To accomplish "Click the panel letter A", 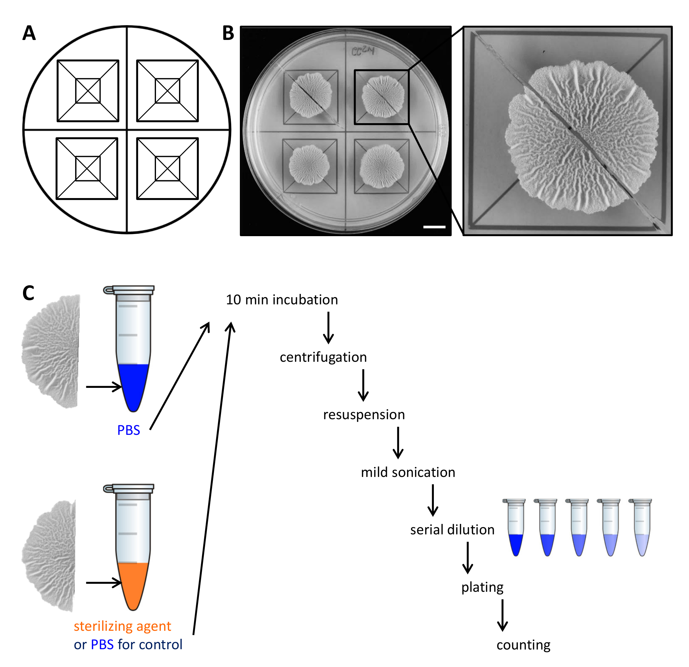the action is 29,33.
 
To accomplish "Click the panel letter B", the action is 228,33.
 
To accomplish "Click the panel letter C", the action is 29,293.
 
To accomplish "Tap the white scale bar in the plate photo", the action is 434,227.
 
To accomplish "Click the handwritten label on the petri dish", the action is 363,51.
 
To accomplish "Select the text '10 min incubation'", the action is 282,300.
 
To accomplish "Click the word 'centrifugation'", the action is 323,357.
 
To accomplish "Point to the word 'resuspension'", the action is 364,415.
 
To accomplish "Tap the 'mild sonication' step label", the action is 408,472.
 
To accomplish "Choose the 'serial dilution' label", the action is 452,530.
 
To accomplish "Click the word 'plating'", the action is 482,587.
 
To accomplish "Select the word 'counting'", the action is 524,645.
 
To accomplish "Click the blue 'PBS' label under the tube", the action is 129,430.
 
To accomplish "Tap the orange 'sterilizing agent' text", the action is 122,626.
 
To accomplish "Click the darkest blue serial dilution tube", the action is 515,528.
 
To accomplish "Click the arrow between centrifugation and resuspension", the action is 363,385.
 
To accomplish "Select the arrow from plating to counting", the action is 502,615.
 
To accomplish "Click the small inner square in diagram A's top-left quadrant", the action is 88,91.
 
